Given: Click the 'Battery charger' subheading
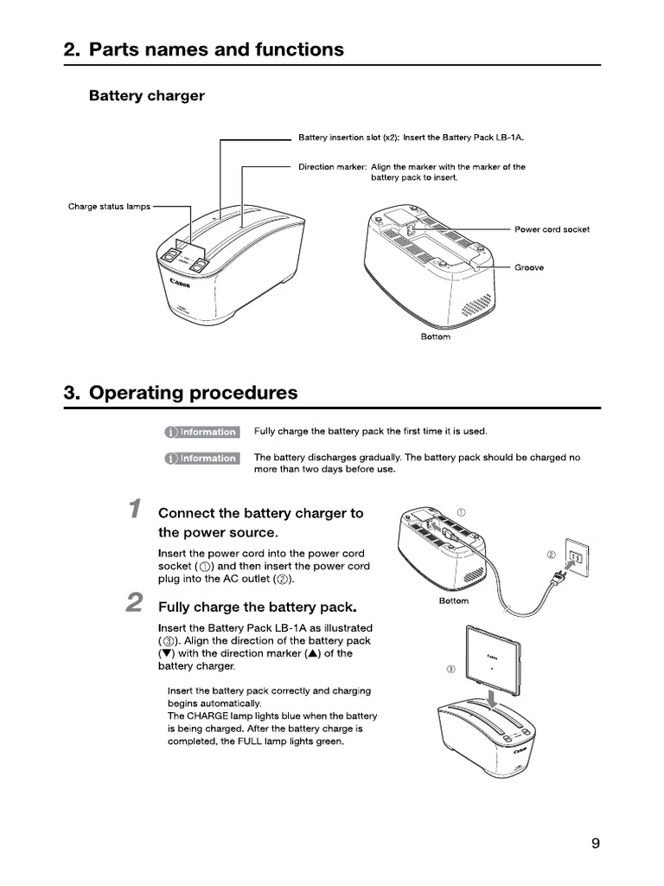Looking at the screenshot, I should [147, 96].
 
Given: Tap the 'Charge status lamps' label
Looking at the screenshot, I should [109, 207].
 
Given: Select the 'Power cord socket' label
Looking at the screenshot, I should [552, 229].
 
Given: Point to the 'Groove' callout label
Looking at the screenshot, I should [529, 268].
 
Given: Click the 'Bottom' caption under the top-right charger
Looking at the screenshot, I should [435, 337].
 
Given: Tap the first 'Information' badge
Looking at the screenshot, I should [201, 432].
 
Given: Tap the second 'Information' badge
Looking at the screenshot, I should [201, 459].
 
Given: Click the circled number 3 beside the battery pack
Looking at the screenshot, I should [450, 669].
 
